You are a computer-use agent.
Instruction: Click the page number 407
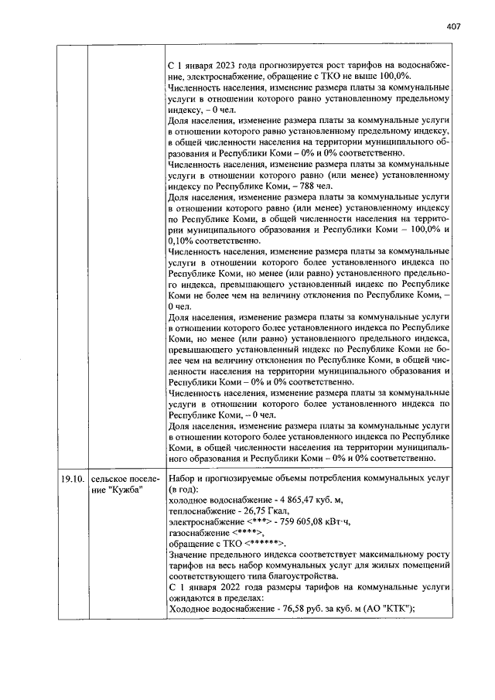click(453, 26)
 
